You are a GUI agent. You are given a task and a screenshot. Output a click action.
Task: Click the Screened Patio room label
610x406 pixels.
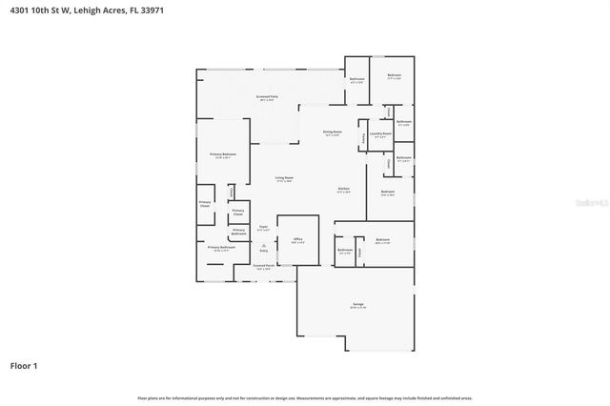(266, 96)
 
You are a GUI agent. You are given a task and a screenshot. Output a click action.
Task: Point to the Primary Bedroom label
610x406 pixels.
(223, 154)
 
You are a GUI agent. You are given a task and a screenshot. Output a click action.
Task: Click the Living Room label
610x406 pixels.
(284, 178)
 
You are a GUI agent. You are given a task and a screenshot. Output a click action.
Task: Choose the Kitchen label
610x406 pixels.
(343, 189)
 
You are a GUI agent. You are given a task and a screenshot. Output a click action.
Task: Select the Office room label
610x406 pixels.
(297, 239)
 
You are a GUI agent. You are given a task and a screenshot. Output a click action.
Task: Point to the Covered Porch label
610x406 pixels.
(263, 266)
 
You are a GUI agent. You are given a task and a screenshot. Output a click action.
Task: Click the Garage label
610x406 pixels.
(357, 305)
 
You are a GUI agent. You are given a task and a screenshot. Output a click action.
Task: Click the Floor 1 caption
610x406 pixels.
(24, 365)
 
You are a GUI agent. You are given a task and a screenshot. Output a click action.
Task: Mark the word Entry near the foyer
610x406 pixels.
(251, 252)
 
